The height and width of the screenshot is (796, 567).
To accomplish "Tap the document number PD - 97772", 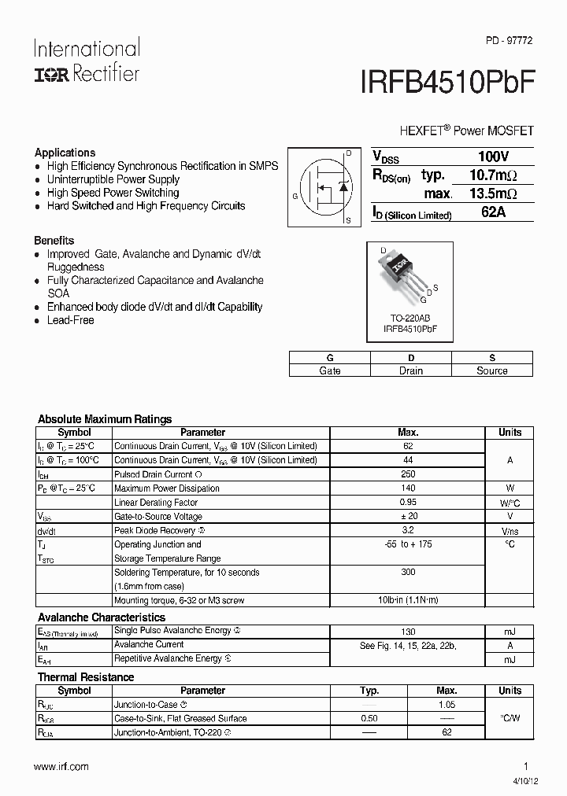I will pos(507,40).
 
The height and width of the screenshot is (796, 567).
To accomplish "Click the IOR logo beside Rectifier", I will pos(51,74).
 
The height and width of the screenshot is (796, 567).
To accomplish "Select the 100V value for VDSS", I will pos(493,157).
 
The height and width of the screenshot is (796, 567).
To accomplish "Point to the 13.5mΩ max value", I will pos(493,193).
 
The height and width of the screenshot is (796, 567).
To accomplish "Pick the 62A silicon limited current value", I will pos(493,212).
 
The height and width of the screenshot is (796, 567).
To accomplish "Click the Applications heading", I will pos(65,153).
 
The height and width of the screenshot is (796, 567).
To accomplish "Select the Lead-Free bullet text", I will pos(70,320).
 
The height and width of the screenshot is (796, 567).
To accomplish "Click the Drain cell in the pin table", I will pos(410,370).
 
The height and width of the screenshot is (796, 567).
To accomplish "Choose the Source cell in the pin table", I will pos(492,370).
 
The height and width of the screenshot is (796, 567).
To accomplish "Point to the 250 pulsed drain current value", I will pos(408,474).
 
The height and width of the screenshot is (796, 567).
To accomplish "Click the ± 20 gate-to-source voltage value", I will pos(408,516).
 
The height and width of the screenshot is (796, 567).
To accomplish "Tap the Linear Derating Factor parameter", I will pos(156,503).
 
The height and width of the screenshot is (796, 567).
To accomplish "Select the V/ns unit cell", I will pos(510,531).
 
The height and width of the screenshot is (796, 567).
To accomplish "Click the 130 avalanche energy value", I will pos(408,631).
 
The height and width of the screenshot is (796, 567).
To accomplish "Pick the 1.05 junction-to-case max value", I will pos(447,705).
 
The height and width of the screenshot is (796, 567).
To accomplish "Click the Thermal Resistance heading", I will pos(86,676).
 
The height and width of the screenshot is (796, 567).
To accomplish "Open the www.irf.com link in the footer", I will pos(61,766).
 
